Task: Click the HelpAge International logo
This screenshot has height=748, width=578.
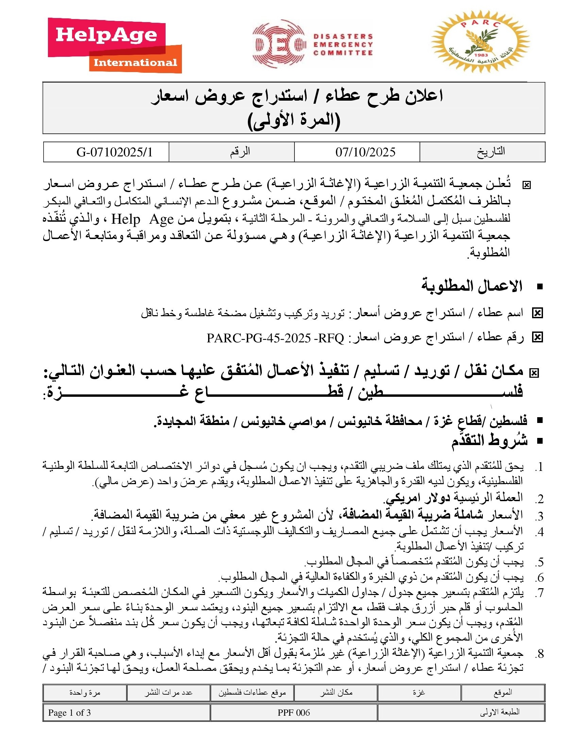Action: (x=115, y=45)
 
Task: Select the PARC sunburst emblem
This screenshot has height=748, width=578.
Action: (x=480, y=42)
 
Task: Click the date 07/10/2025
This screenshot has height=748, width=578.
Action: (x=365, y=152)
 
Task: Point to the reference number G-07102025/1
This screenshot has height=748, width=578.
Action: (x=114, y=152)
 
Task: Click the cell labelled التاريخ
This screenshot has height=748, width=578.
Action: (x=491, y=152)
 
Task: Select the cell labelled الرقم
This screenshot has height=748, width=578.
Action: (x=240, y=152)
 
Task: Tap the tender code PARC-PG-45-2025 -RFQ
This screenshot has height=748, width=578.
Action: (x=275, y=338)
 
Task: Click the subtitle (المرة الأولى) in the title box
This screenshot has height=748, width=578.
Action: (x=294, y=121)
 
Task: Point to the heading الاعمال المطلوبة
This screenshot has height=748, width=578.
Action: (x=472, y=286)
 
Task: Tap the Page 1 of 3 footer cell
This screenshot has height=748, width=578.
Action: (x=69, y=713)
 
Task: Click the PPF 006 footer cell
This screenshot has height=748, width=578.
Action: (x=293, y=713)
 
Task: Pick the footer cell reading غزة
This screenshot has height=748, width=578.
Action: (x=419, y=693)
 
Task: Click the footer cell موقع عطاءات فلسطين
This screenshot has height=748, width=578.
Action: (x=252, y=693)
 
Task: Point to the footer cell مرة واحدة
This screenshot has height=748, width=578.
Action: (x=85, y=693)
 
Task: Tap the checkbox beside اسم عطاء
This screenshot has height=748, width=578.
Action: (x=537, y=313)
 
